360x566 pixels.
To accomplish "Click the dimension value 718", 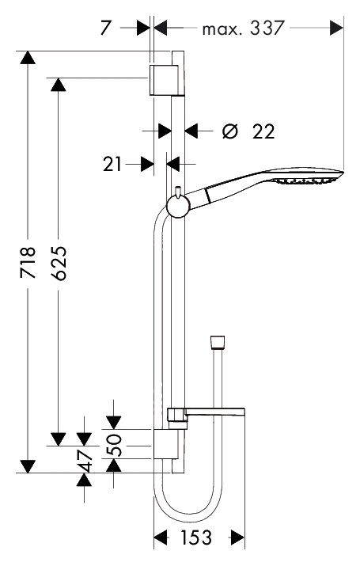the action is point(28,263).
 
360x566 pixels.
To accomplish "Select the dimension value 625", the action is point(59,263).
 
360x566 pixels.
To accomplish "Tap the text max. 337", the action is point(244,28).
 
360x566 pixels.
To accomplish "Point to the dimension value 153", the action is point(196,538).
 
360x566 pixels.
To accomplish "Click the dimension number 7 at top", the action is point(105,28).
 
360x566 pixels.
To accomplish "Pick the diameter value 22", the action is point(263,131).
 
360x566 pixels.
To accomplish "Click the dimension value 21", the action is point(112,164).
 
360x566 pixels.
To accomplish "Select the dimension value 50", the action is point(115,445).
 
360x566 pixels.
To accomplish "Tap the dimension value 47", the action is point(85,461).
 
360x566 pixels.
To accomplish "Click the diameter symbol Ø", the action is point(230,131).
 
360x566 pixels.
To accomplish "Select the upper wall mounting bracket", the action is point(167,81).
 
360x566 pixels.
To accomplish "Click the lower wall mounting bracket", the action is point(166,444).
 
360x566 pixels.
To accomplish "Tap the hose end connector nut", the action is point(217,343).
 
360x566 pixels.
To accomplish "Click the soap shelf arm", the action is point(215,412).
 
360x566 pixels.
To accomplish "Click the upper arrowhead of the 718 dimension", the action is point(28,58).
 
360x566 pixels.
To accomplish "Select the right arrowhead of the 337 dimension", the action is point(336,28).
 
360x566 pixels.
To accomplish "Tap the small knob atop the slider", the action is point(177,192).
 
